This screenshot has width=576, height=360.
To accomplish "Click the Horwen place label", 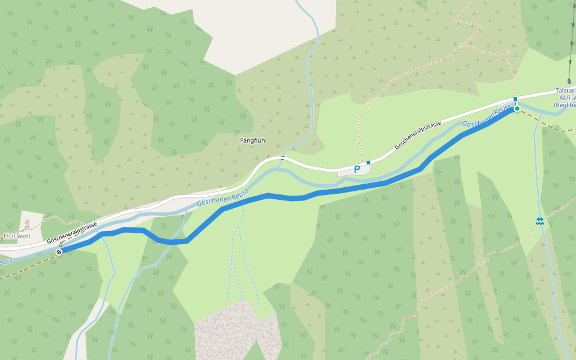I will coord(17,236).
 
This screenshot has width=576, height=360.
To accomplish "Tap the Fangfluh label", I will coord(252,140).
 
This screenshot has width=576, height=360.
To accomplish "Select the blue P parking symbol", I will coord(357,169).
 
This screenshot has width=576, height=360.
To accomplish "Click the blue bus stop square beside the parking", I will coord(368,163).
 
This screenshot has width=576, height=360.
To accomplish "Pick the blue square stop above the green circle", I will coord(515,99).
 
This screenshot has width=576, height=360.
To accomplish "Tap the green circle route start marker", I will coord(517,109).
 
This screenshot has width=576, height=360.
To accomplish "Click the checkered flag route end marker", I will coord(59,252).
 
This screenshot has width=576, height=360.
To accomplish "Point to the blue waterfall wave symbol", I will coord(540,221).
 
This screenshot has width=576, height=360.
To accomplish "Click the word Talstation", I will coord(565,89).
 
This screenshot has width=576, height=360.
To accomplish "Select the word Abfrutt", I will coord(567,97).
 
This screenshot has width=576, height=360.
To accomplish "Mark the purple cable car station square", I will coord(569,81).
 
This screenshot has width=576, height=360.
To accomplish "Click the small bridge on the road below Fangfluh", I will coord(283,158).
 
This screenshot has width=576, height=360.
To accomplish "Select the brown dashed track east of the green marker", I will coord(546,124).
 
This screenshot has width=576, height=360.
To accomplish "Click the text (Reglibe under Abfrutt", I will coord(564,105).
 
